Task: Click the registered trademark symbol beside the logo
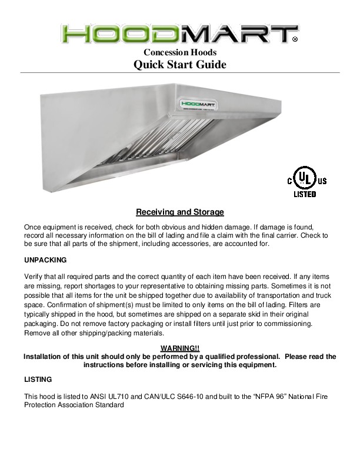click(295, 39)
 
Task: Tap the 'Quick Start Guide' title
click(179, 65)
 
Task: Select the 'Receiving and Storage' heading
click(180, 212)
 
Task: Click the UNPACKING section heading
click(45, 259)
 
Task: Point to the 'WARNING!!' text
click(180, 349)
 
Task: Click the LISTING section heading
click(38, 379)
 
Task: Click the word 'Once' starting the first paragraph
click(34, 227)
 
